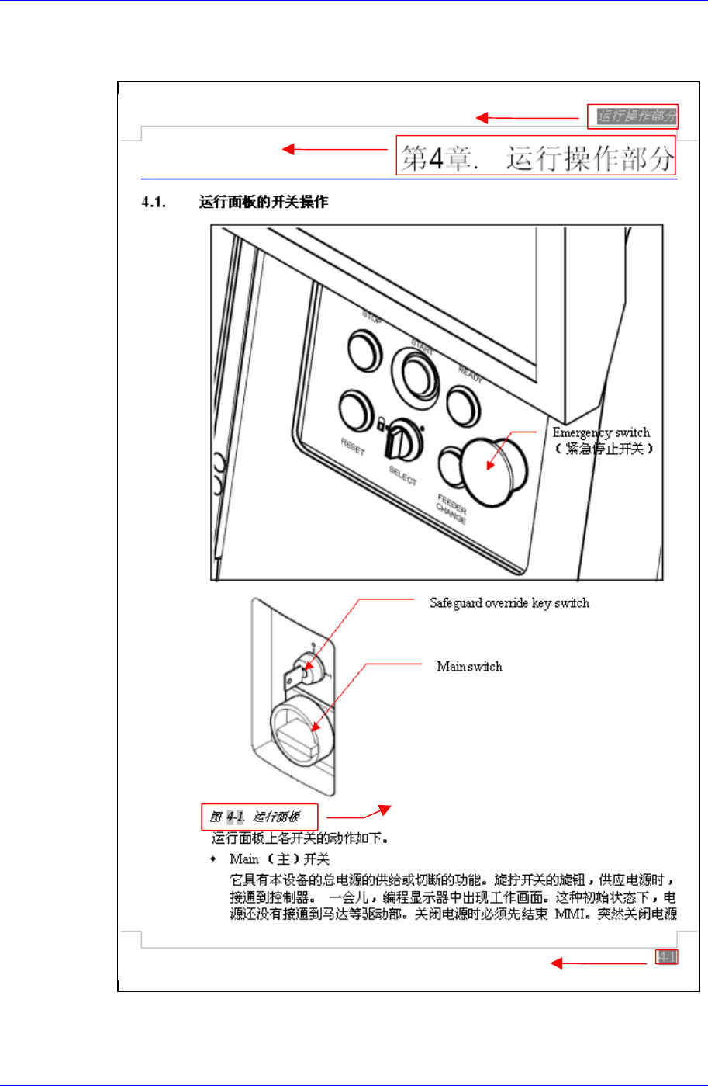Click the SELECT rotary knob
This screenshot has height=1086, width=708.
click(x=404, y=441)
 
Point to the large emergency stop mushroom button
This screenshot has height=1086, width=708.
click(x=491, y=467)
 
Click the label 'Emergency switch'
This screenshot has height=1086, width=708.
click(x=601, y=432)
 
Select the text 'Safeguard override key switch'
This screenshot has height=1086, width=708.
click(x=509, y=603)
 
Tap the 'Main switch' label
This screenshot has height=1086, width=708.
click(x=469, y=667)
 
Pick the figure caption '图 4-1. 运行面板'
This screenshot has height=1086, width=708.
click(x=260, y=817)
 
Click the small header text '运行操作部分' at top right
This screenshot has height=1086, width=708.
click(x=632, y=116)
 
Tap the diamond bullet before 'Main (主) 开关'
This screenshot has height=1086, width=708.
click(x=215, y=859)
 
